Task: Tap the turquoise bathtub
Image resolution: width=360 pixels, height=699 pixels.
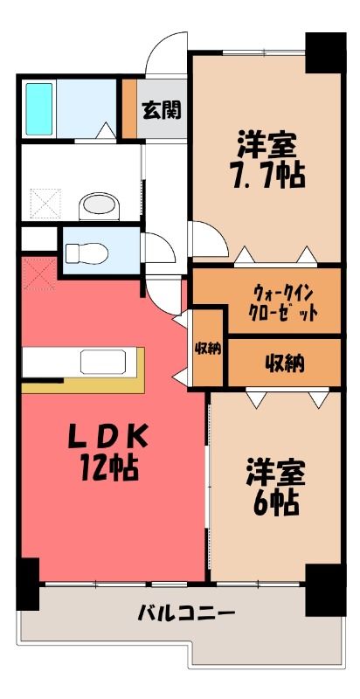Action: click(x=38, y=109)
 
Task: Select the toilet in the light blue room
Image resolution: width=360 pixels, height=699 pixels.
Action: click(x=87, y=254)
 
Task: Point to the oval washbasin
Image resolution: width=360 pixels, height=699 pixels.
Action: click(x=100, y=206)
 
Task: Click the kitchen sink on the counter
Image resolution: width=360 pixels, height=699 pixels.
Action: click(x=103, y=362)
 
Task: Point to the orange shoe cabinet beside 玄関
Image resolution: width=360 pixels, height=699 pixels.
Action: click(x=129, y=109)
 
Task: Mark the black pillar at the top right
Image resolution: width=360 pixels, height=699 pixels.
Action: click(x=326, y=52)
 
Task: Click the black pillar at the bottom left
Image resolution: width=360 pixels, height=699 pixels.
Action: click(x=28, y=584)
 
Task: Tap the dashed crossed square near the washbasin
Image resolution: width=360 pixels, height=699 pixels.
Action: click(x=45, y=204)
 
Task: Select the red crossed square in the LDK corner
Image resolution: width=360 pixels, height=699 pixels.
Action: click(x=39, y=273)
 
